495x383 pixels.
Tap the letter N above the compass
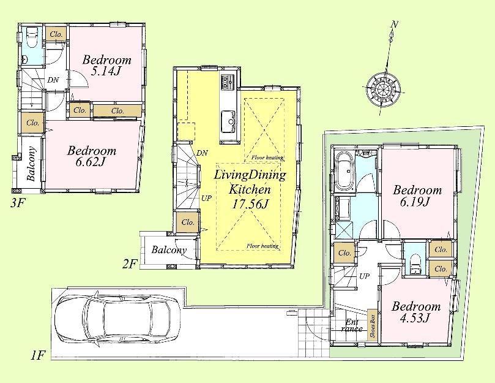pyautogui.click(x=395, y=25)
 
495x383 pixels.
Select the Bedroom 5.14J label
pyautogui.click(x=107, y=66)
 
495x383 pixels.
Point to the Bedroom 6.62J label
pyautogui.click(x=92, y=157)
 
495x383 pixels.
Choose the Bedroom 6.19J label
pyautogui.click(x=417, y=196)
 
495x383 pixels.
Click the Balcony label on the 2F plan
pyautogui.click(x=169, y=250)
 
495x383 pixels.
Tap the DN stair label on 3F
pyautogui.click(x=53, y=80)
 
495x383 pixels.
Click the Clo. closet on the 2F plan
pyautogui.click(x=188, y=222)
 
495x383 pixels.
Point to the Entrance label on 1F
pyautogui.click(x=352, y=325)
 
